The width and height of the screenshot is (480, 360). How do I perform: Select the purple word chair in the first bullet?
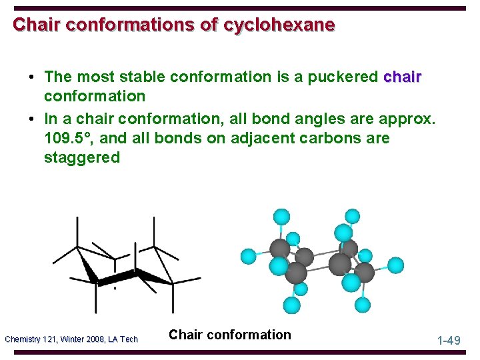[403, 77]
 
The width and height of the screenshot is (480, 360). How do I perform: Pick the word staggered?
[82, 158]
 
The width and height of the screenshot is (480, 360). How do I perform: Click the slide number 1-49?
[449, 341]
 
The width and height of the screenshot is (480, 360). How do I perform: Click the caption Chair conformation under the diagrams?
[230, 335]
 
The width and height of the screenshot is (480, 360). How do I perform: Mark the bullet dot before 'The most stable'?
[32, 77]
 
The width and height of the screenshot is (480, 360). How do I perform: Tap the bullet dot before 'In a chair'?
[32, 119]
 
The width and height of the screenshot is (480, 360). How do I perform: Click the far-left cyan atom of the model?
[248, 255]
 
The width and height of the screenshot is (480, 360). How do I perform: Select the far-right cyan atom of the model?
[395, 265]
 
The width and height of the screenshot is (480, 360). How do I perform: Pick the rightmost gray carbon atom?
[365, 272]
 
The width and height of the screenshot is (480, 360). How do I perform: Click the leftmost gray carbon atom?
[279, 249]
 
